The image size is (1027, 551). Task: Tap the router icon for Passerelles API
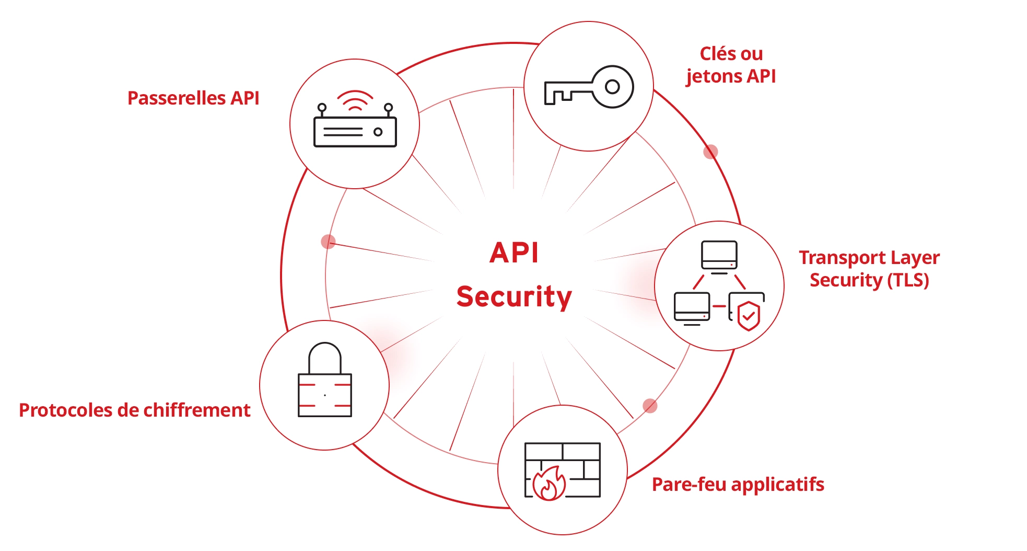(x=355, y=126)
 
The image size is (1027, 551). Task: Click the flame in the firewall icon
(x=549, y=484)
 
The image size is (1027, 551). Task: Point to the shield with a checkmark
(x=749, y=316)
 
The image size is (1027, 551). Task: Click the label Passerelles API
(x=193, y=98)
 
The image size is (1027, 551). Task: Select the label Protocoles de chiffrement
(x=134, y=410)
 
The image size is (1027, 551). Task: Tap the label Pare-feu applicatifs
(x=738, y=485)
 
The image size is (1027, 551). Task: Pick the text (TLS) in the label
(x=908, y=280)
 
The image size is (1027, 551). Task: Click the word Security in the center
(x=514, y=297)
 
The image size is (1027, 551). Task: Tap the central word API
(x=514, y=253)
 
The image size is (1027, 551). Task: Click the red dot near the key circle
(x=710, y=152)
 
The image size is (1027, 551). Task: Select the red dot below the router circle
(x=328, y=242)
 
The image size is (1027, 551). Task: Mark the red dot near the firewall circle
(x=650, y=406)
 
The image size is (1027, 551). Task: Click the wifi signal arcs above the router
(x=355, y=101)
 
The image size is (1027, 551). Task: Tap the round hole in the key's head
(x=612, y=87)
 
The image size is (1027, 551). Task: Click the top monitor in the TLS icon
(x=719, y=255)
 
